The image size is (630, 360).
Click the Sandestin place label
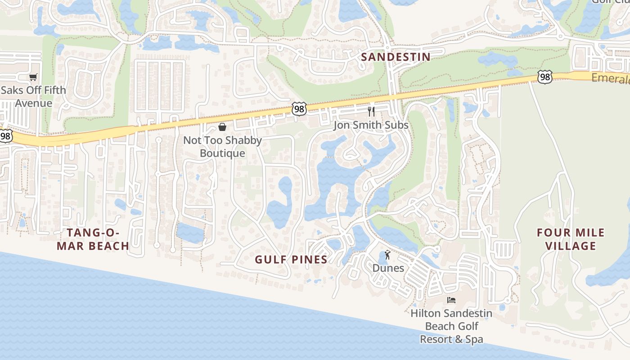(x=396, y=57)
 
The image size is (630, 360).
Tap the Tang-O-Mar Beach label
(x=98, y=239)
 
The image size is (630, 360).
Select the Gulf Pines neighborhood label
(x=291, y=260)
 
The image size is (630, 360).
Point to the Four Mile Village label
(x=571, y=239)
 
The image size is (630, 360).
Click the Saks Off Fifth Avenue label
(x=33, y=97)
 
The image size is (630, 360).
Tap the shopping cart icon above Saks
(x=33, y=77)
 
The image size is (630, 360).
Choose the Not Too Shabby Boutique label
(x=222, y=147)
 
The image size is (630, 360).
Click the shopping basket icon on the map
(x=222, y=127)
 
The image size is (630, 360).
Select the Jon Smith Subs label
(x=371, y=125)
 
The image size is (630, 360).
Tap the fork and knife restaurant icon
(x=371, y=111)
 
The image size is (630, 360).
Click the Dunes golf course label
(x=388, y=268)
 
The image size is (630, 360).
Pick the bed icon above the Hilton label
(x=451, y=300)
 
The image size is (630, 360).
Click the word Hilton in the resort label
(x=427, y=313)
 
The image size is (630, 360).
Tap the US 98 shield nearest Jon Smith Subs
(x=299, y=108)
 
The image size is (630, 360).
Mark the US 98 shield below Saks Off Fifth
(x=5, y=135)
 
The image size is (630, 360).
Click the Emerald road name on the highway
(x=610, y=78)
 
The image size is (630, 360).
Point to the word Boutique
(x=222, y=153)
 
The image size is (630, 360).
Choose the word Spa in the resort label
(x=474, y=339)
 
